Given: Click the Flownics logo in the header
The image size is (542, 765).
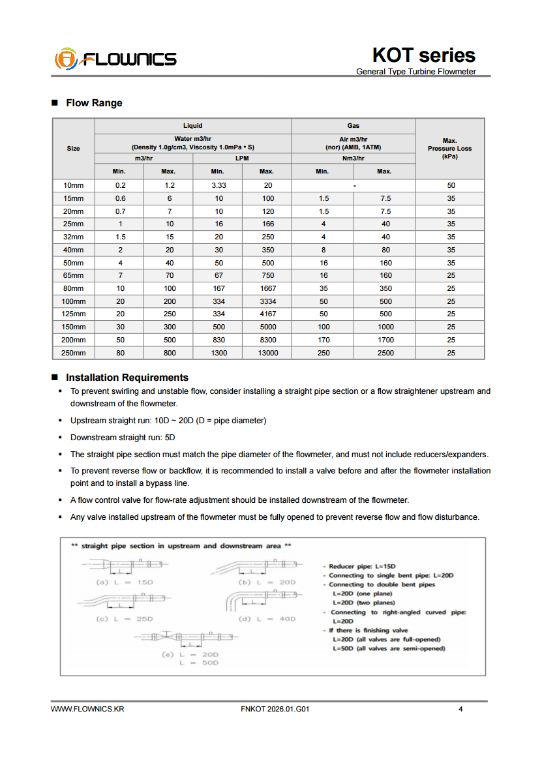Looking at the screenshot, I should pos(115,59).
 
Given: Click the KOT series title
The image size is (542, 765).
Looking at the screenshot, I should pos(423,55).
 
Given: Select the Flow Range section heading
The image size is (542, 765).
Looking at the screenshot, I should pos(94,103).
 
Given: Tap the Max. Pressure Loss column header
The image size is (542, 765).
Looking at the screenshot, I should pos(449,149).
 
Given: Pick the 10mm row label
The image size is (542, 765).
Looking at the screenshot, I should pos(74,185).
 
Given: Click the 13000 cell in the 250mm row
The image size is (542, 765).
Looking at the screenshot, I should pos(266,353).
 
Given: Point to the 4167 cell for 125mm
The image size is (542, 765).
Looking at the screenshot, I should pos(266,314).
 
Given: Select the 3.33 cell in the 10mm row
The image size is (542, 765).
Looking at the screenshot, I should pos(217,185).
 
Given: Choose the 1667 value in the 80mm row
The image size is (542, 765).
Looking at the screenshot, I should pos(266,288).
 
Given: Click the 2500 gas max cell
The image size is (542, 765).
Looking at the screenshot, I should pos(384,353).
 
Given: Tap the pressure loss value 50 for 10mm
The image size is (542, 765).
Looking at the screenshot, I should pos(451,185).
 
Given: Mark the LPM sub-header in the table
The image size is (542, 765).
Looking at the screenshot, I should pos(242,158).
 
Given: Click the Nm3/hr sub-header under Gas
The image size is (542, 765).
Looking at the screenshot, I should pos(353,158).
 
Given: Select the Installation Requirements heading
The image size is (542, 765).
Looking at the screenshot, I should pos(127,378).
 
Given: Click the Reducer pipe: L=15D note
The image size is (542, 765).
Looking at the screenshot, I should pos(362,567).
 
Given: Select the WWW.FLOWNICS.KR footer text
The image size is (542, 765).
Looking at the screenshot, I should pos(87,710).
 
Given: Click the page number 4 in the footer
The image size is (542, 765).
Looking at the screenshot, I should pos(460,710).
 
